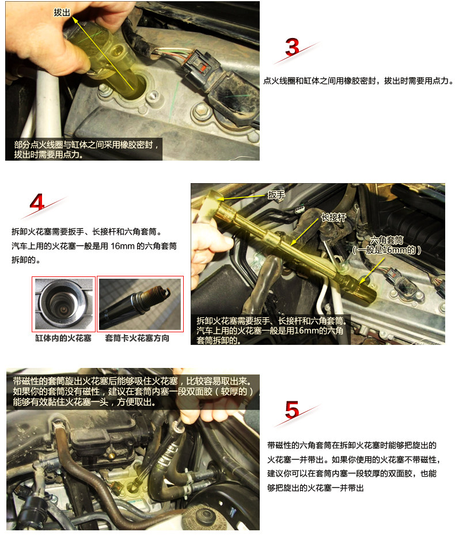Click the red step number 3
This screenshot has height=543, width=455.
[x=292, y=47]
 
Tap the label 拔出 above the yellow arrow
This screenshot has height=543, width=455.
[x=62, y=13]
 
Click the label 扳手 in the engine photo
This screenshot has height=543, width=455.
[x=276, y=195]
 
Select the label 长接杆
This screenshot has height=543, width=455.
[x=333, y=217]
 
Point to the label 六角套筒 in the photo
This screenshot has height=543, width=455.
[x=386, y=240]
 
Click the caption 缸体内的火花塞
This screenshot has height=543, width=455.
[x=63, y=338]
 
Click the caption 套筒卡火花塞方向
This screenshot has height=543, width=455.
[x=137, y=338]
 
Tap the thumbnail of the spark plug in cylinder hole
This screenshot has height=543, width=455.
[x=64, y=304]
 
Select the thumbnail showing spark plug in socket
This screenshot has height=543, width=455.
[x=140, y=304]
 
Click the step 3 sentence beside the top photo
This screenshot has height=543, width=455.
[x=358, y=81]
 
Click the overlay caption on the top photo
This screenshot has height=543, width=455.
[x=86, y=149]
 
